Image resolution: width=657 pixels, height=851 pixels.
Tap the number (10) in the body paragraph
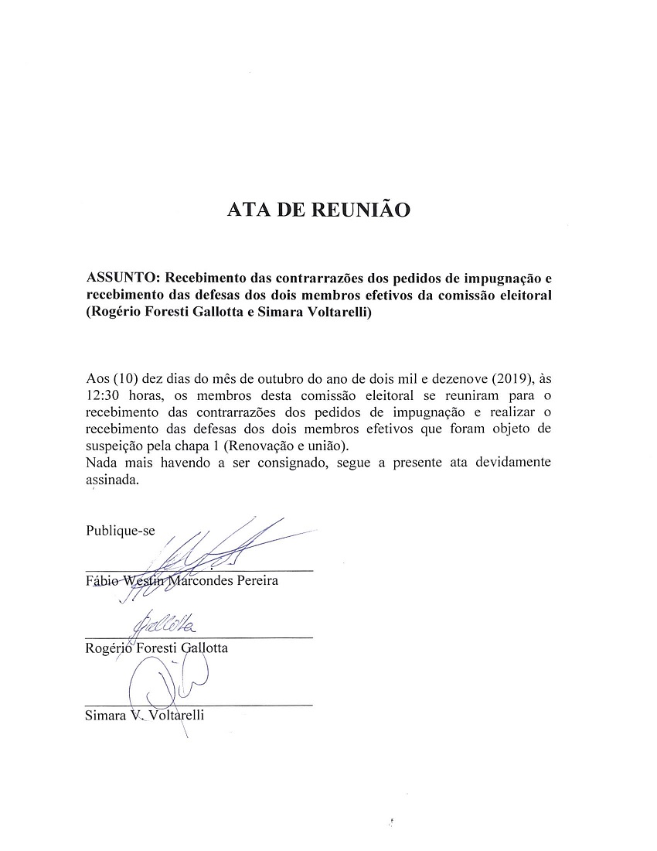click(125, 379)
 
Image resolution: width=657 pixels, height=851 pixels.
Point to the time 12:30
click(106, 394)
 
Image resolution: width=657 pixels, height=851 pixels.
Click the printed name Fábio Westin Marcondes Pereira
click(182, 581)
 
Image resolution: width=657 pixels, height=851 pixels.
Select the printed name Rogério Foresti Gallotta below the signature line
click(157, 648)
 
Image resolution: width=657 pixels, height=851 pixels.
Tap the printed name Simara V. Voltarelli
click(145, 716)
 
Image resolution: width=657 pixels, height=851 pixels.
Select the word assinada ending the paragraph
click(112, 480)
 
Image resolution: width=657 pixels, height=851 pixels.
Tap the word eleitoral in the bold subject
click(523, 294)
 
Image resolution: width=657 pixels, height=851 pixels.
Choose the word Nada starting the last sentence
click(103, 463)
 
